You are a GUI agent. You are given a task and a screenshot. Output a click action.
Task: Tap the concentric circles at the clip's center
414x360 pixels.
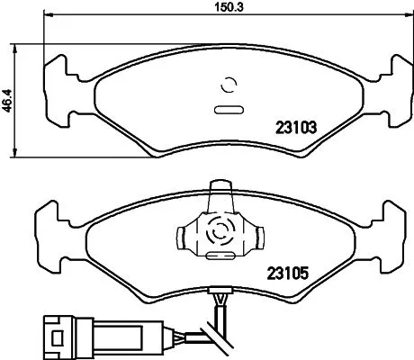click(219, 233)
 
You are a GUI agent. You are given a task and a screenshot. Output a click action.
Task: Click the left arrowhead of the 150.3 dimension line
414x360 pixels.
click(48, 17)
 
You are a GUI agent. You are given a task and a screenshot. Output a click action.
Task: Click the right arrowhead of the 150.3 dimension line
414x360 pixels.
click(400, 17)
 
